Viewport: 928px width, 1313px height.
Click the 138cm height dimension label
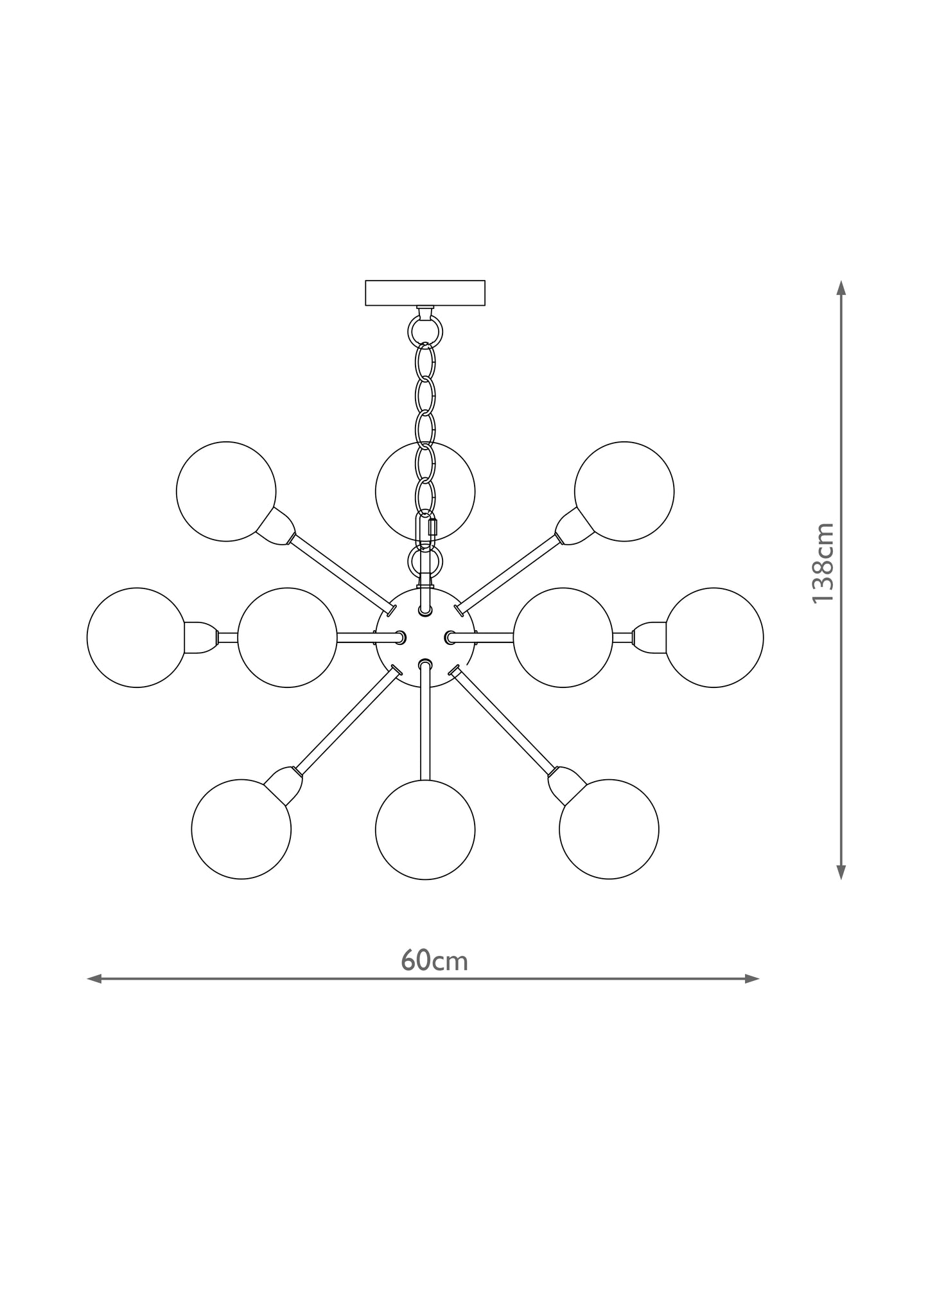[823, 563]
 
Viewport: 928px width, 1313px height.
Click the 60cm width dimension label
[434, 978]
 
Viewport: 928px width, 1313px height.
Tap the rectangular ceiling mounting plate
[425, 292]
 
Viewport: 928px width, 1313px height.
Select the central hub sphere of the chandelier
[425, 638]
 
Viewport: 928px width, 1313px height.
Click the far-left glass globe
[136, 638]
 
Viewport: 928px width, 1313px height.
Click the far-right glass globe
[714, 638]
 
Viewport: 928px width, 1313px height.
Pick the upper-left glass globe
[226, 491]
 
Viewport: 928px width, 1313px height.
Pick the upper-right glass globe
[624, 491]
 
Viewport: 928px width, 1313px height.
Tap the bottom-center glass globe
[425, 829]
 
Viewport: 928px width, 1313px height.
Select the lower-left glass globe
[241, 829]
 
